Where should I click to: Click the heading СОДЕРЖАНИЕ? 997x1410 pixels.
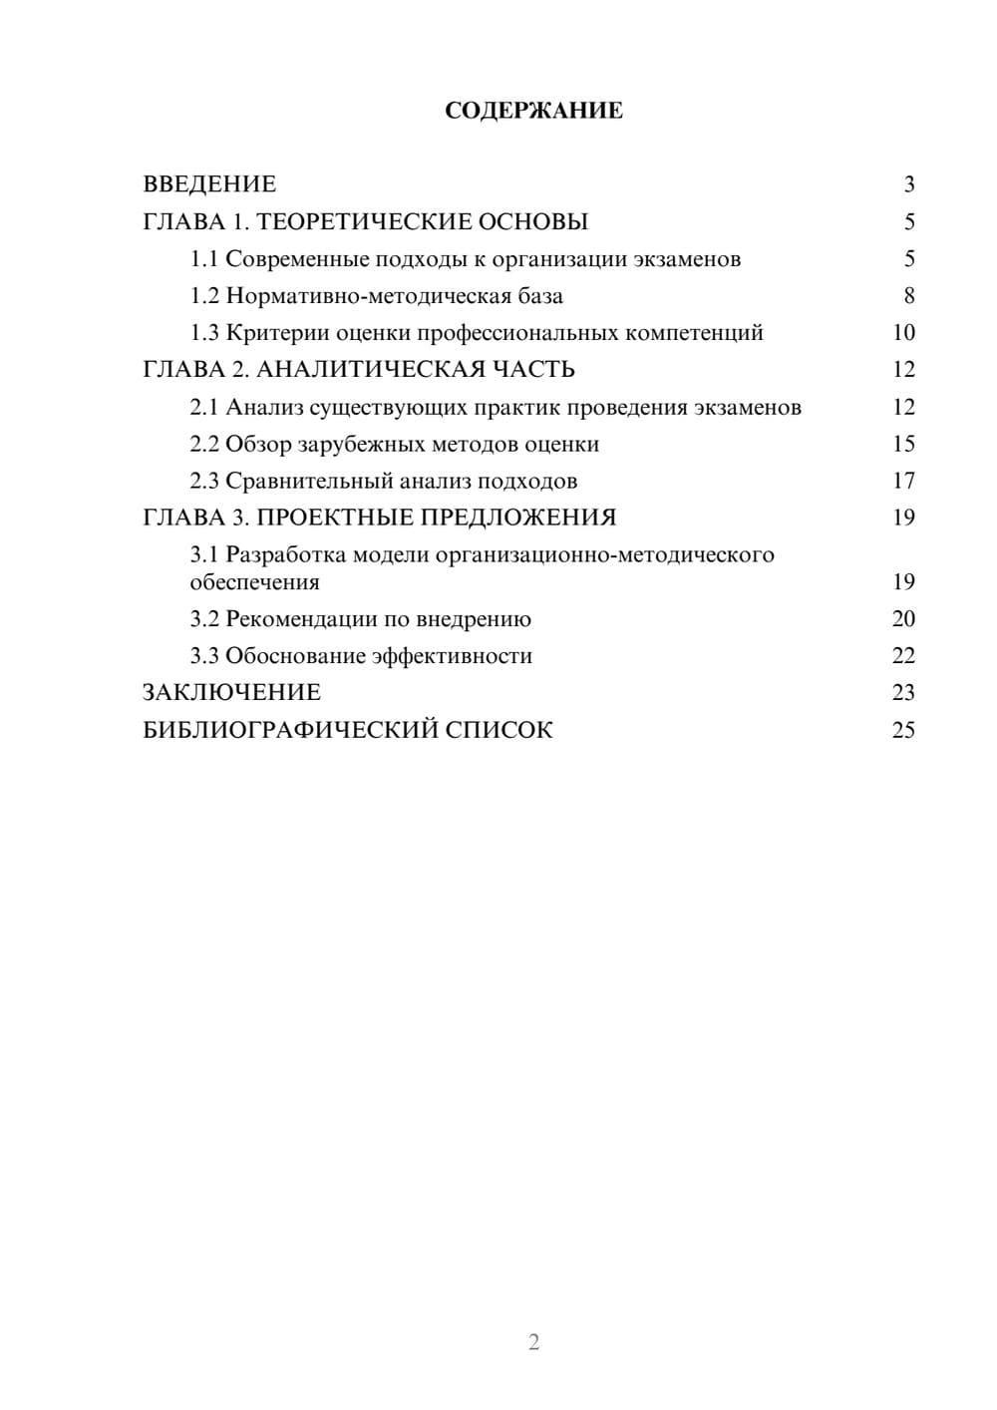point(533,111)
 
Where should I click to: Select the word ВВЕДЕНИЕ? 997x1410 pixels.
point(209,184)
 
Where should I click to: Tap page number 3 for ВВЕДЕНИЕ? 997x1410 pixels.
point(908,184)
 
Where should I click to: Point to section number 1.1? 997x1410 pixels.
point(204,259)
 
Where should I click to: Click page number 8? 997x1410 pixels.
point(908,296)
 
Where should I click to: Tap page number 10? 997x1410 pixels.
point(903,333)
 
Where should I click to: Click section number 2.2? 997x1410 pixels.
point(204,444)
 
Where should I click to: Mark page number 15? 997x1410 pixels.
point(903,444)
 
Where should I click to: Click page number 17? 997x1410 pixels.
point(903,482)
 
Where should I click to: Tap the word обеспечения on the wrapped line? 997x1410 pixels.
point(254,582)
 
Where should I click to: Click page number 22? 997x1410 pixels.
point(903,656)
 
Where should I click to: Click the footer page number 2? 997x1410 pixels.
point(533,1342)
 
